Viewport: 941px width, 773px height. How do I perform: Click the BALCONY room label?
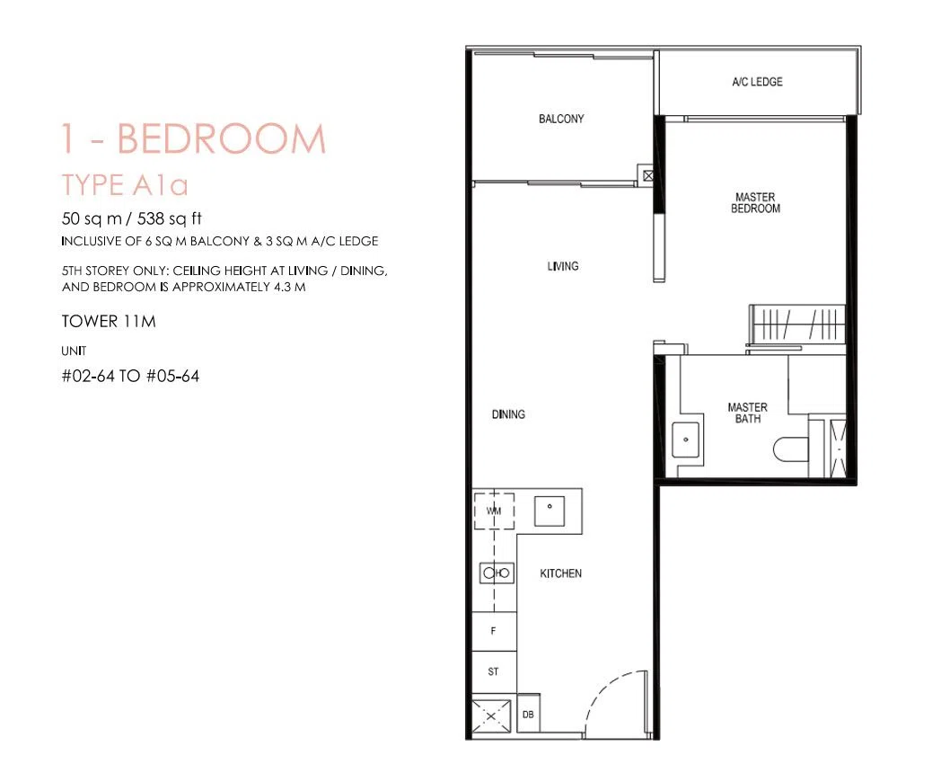[561, 119]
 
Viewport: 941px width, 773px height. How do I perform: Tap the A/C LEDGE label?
[757, 82]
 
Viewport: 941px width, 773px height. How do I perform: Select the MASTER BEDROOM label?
[755, 202]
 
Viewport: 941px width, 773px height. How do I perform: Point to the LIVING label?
[563, 266]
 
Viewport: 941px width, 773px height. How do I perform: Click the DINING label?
[508, 414]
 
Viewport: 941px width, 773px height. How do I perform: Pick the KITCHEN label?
[560, 573]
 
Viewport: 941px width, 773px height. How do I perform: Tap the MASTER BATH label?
[748, 413]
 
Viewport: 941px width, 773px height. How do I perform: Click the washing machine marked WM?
[494, 511]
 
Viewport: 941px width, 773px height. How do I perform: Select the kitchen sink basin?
[550, 511]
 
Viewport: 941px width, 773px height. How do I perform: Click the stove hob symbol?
[497, 573]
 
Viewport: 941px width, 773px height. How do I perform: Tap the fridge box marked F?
[494, 631]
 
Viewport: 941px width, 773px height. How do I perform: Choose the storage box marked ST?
[494, 671]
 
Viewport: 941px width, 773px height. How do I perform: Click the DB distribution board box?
[528, 714]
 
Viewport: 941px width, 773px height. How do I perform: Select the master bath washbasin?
[686, 440]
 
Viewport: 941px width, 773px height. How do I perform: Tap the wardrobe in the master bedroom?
[798, 325]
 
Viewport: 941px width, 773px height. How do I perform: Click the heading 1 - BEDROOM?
[193, 138]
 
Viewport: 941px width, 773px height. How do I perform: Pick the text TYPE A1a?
[125, 185]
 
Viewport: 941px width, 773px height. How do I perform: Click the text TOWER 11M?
[109, 321]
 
